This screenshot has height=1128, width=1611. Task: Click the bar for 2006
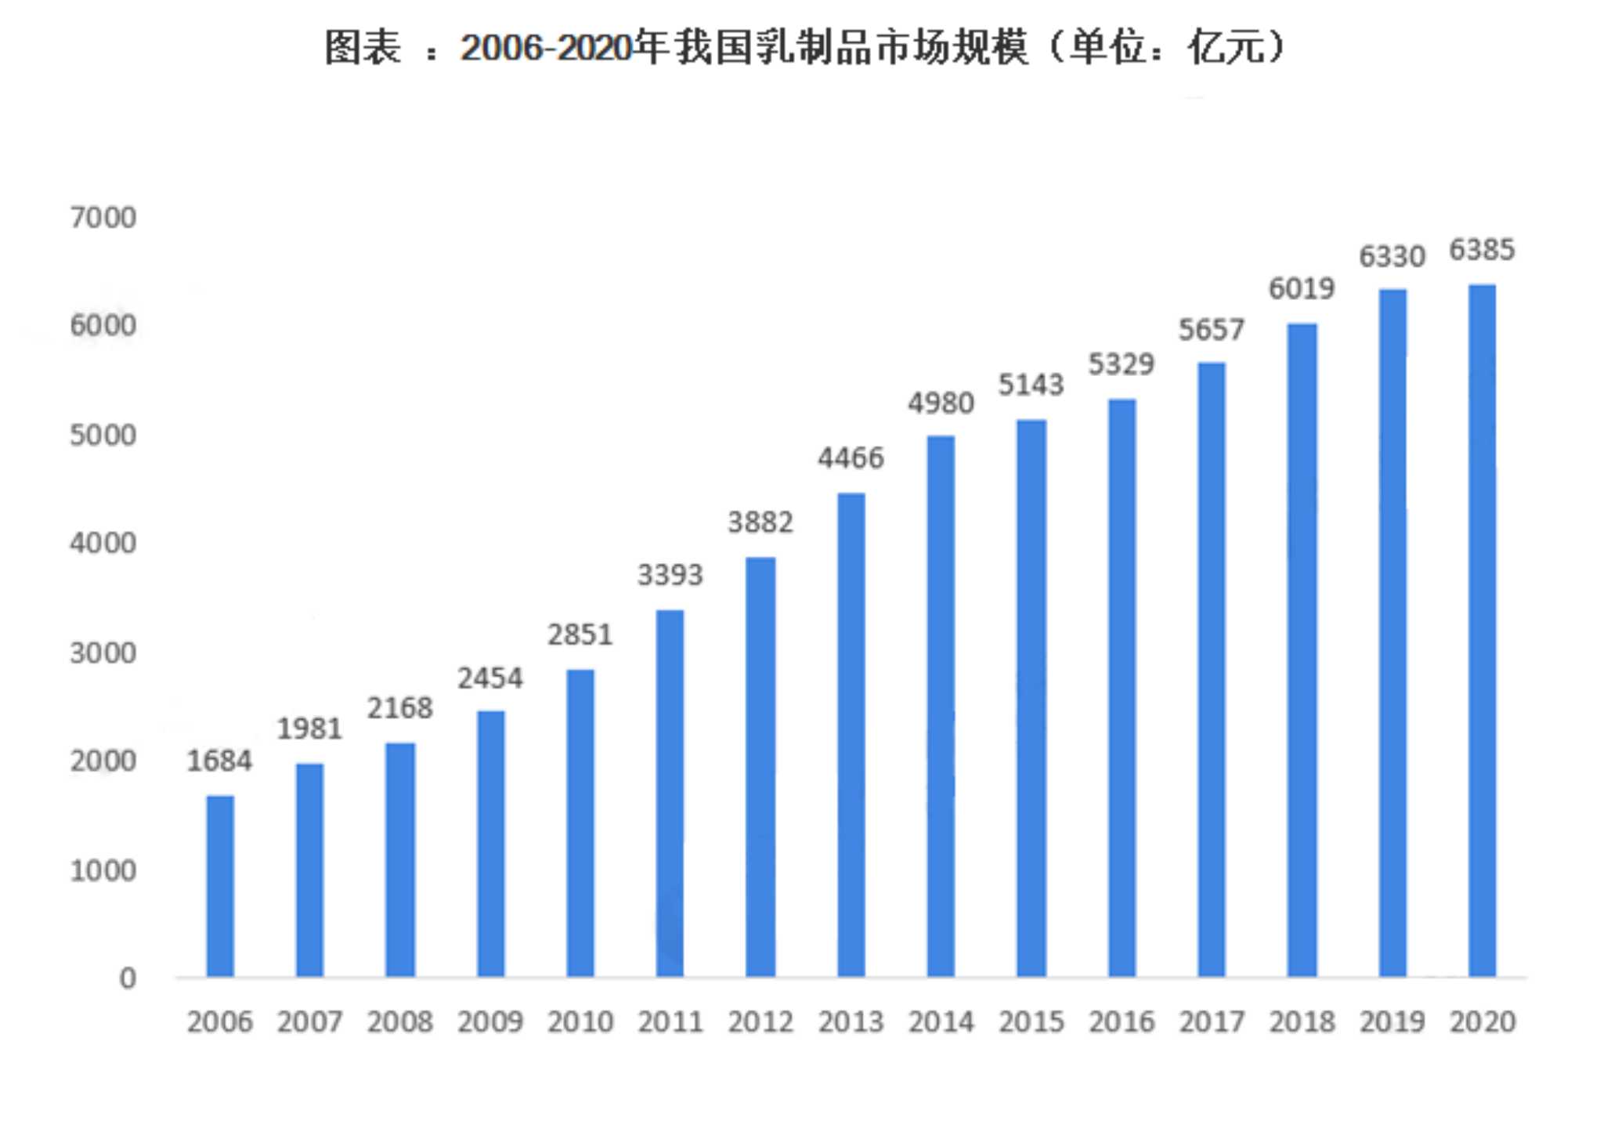pyautogui.click(x=220, y=887)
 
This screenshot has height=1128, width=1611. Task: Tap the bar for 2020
pyautogui.click(x=1482, y=631)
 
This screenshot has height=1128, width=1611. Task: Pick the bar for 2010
pyautogui.click(x=580, y=823)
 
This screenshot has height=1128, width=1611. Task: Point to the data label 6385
pyautogui.click(x=1482, y=251)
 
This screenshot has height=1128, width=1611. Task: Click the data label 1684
pyautogui.click(x=219, y=761)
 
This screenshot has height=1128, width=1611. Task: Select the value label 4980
pyautogui.click(x=941, y=403)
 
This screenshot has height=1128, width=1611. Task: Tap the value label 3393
pyautogui.click(x=670, y=576)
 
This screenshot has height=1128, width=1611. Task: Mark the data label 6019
pyautogui.click(x=1302, y=289)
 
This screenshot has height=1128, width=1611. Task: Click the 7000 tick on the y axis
pyautogui.click(x=103, y=218)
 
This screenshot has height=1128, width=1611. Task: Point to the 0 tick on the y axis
pyautogui.click(x=128, y=978)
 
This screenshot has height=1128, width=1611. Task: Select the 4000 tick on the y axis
pyautogui.click(x=103, y=544)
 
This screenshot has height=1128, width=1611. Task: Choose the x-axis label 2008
pyautogui.click(x=399, y=1022)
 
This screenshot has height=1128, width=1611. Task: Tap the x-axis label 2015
pyautogui.click(x=1031, y=1022)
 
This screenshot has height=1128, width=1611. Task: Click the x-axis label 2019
pyautogui.click(x=1392, y=1022)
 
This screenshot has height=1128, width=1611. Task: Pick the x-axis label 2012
pyautogui.click(x=760, y=1022)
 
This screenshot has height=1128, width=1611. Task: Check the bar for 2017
pyautogui.click(x=1212, y=670)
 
